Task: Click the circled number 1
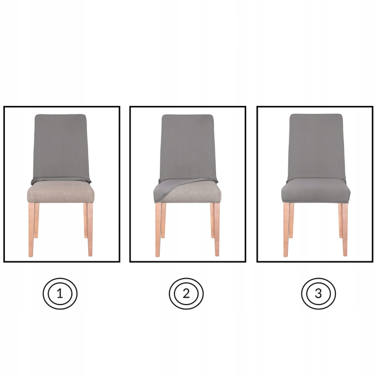click(x=60, y=294)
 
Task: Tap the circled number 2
click(x=186, y=294)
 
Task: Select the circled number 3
click(x=318, y=294)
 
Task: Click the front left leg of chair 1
click(x=31, y=230)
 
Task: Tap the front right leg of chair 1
click(x=90, y=230)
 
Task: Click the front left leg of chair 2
click(x=158, y=230)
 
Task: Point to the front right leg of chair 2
click(x=217, y=230)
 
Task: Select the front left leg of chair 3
click(x=286, y=230)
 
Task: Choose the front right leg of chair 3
click(x=345, y=230)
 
